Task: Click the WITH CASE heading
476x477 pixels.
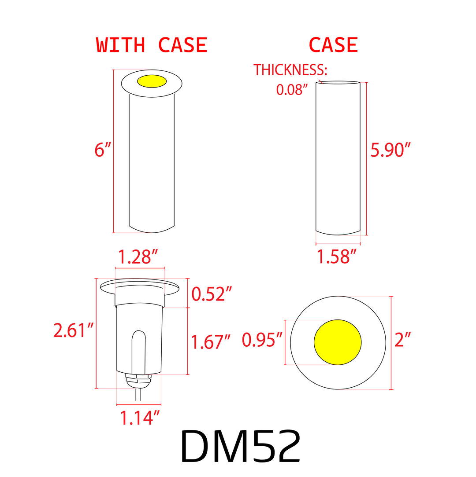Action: point(152,45)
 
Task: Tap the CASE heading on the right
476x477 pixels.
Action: point(333,45)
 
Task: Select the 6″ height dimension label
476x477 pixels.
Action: point(102,150)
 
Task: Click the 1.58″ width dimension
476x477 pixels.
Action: point(337,257)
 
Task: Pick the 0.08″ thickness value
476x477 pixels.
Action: point(291,90)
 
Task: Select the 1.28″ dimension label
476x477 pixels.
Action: point(138,257)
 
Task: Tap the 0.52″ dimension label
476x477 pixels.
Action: point(212,294)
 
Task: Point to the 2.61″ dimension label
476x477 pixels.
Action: point(74,330)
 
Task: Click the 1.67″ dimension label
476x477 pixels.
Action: point(210,341)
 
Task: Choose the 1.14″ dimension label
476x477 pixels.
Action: point(140,418)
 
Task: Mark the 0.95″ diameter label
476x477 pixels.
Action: point(262,340)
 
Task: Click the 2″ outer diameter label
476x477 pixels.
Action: point(403,340)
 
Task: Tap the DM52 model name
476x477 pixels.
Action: point(241,446)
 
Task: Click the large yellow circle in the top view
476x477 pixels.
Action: point(338,342)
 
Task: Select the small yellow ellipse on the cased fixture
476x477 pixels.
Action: point(152,81)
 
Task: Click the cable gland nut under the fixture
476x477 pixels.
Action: point(138,378)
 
